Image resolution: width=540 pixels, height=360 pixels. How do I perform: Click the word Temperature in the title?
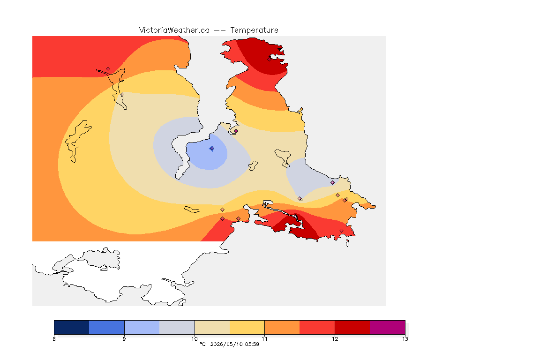pyautogui.click(x=254, y=30)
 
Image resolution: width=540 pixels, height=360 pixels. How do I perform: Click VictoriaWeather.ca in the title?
pyautogui.click(x=174, y=30)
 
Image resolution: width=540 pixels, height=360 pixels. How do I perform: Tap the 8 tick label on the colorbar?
pyautogui.click(x=54, y=339)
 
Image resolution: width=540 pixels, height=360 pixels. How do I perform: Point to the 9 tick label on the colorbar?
pyautogui.click(x=124, y=339)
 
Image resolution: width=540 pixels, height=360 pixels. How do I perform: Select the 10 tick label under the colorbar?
pyautogui.click(x=195, y=339)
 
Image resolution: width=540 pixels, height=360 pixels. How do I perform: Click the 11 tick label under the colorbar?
pyautogui.click(x=264, y=339)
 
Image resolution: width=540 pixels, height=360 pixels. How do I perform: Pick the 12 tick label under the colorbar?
pyautogui.click(x=335, y=339)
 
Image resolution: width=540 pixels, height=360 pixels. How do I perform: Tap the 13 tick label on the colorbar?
pyautogui.click(x=405, y=339)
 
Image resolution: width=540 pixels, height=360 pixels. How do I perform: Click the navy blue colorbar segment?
pyautogui.click(x=72, y=327)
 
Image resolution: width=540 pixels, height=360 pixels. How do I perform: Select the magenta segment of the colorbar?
pyautogui.click(x=388, y=327)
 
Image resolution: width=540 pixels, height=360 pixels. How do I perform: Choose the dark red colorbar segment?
pyautogui.click(x=352, y=327)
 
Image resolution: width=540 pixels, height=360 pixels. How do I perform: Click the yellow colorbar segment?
pyautogui.click(x=247, y=327)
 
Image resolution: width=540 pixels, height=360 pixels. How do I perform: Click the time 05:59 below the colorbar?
pyautogui.click(x=252, y=344)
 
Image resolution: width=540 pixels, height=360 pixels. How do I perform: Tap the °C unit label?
pyautogui.click(x=202, y=344)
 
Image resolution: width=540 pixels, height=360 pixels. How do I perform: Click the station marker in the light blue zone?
pyautogui.click(x=212, y=149)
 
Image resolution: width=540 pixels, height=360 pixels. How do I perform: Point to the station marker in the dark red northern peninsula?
pyautogui.click(x=270, y=59)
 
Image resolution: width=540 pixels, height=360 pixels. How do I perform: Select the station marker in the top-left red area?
pyautogui.click(x=108, y=69)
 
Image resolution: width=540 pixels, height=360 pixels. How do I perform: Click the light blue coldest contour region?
pyautogui.click(x=207, y=157)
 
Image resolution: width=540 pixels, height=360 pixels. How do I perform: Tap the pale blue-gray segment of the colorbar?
pyautogui.click(x=177, y=327)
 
